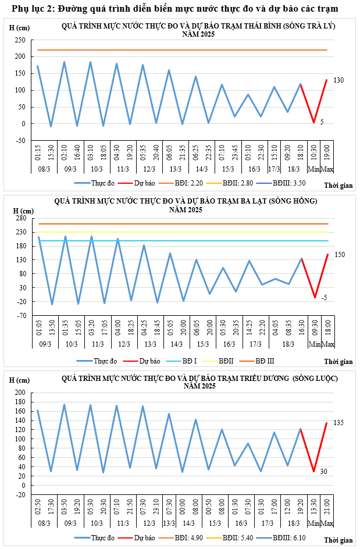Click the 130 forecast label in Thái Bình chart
point(339,80)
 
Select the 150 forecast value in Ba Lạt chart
point(340,254)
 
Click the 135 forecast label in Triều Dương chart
point(339,422)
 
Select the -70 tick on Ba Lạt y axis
point(21,316)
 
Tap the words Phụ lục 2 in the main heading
point(29,9)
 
